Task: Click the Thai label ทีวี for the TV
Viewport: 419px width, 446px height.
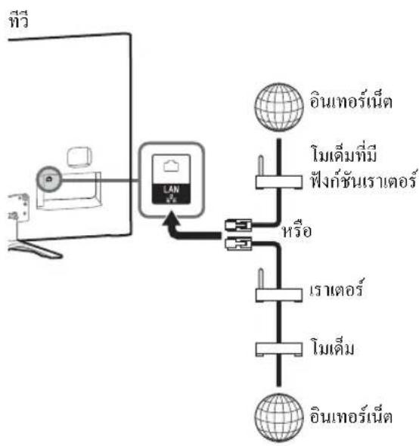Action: [x=19, y=20]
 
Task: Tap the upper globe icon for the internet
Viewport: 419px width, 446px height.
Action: [x=279, y=107]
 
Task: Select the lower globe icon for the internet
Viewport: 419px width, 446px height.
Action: [x=279, y=418]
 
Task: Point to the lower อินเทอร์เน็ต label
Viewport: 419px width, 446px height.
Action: [x=351, y=415]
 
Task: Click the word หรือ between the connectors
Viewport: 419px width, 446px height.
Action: [x=296, y=231]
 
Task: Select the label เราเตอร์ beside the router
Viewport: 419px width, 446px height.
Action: [x=336, y=289]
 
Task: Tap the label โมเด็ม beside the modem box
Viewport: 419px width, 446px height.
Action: [x=333, y=347]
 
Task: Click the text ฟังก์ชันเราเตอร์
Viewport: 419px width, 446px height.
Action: [x=364, y=179]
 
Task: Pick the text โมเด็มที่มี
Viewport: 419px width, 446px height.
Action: [x=344, y=153]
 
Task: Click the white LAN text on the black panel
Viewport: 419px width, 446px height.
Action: [x=172, y=190]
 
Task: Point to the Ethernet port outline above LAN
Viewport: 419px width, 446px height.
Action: [x=172, y=166]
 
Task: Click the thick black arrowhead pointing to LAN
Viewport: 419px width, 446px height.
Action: [x=171, y=218]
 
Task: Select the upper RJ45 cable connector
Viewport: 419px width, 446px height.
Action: [x=238, y=225]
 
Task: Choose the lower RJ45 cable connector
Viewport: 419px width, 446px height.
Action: [x=238, y=243]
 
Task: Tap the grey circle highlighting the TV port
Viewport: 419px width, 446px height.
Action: [x=49, y=179]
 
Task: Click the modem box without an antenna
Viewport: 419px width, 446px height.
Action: [x=279, y=349]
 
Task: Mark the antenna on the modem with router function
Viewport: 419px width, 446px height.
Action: [x=260, y=166]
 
